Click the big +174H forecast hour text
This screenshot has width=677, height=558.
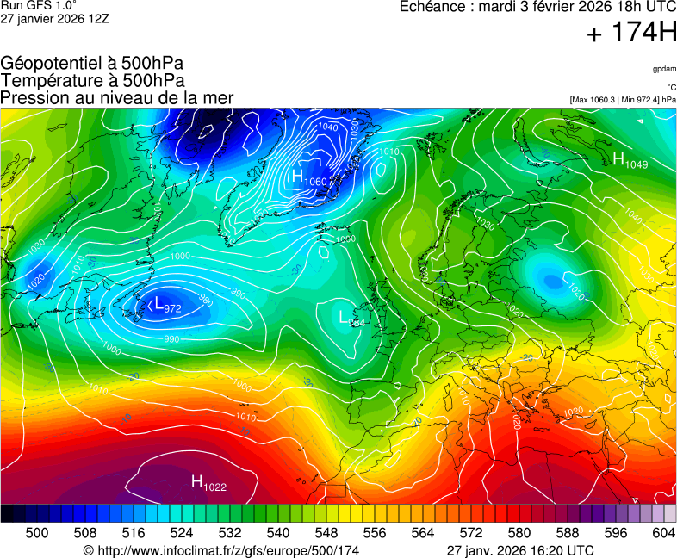point(631,34)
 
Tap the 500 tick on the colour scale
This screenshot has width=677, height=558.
point(36,534)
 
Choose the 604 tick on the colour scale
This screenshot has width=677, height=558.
point(663,534)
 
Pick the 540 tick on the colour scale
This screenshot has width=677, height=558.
point(278,534)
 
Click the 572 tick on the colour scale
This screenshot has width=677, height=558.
point(471,534)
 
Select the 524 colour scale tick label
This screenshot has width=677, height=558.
point(182,534)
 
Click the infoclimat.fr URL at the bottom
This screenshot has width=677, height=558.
point(220,550)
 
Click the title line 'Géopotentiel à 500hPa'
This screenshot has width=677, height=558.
point(92,64)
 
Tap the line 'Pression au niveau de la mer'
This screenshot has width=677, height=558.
point(117,97)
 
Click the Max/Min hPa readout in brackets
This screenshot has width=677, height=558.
point(623,100)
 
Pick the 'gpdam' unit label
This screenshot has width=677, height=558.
point(664,68)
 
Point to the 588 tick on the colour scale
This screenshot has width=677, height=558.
point(568,534)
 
